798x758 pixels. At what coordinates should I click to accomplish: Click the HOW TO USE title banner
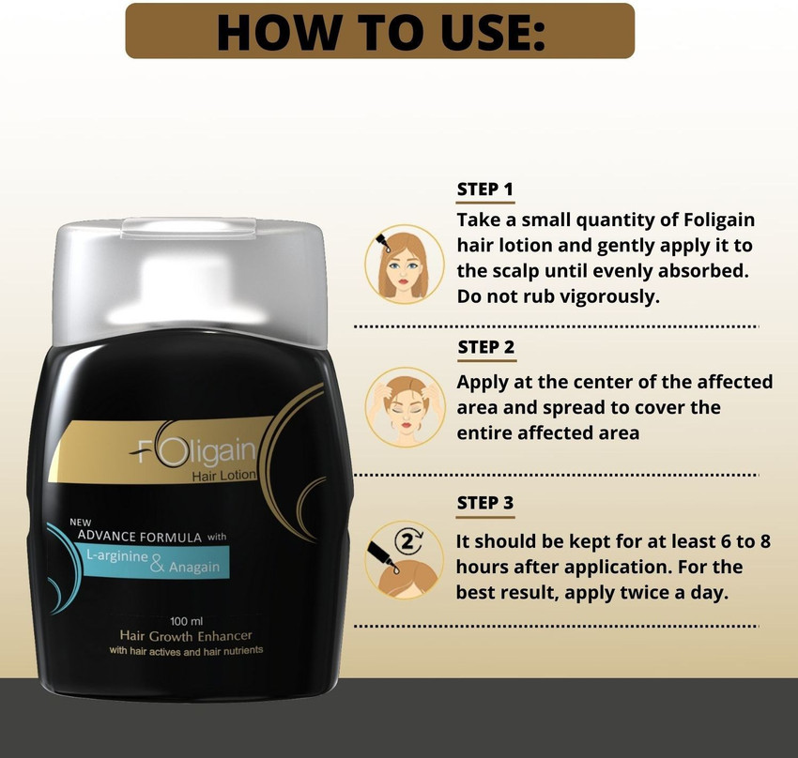379,31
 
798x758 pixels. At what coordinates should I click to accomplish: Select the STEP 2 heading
485,347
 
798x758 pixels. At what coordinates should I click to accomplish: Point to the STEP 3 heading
484,503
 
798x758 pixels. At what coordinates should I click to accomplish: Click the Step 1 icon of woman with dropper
404,264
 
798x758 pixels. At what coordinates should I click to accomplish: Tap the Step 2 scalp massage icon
404,406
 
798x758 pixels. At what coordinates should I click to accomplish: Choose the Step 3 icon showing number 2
404,559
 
